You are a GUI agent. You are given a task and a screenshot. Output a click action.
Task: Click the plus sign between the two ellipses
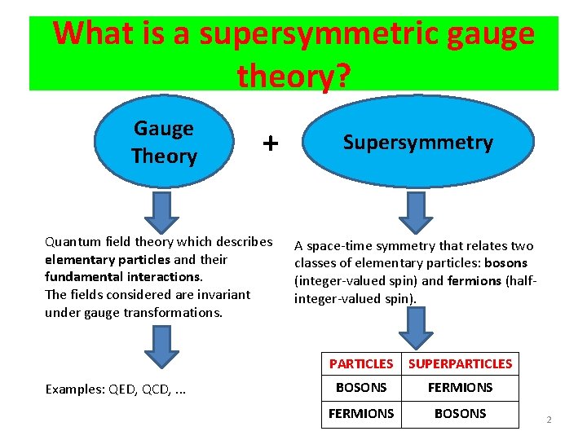tap(270, 144)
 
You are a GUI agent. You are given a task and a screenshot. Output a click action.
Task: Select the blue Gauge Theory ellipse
tap(164, 142)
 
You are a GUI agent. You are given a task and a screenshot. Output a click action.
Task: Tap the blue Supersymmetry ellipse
tap(417, 143)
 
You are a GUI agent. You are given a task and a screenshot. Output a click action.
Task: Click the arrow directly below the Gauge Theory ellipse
tap(165, 210)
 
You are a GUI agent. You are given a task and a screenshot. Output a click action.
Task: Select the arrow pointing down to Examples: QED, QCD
tap(165, 346)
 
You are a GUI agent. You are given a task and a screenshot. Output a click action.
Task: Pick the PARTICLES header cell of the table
tap(360, 363)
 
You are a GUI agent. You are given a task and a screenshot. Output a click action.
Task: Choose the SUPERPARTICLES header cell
tap(460, 363)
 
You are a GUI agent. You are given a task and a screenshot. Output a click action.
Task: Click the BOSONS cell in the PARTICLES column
tap(360, 388)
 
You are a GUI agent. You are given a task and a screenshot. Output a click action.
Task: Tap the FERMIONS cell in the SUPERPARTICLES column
tap(460, 388)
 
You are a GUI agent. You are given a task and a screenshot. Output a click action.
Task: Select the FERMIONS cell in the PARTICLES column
tap(360, 414)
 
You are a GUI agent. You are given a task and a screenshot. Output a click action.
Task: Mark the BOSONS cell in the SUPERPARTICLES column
tap(460, 414)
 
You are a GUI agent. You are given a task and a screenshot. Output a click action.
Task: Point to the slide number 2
tap(549, 420)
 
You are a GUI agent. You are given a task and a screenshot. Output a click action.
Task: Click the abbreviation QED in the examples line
tap(122, 389)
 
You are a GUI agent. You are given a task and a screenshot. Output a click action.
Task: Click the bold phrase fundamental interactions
tap(122, 277)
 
